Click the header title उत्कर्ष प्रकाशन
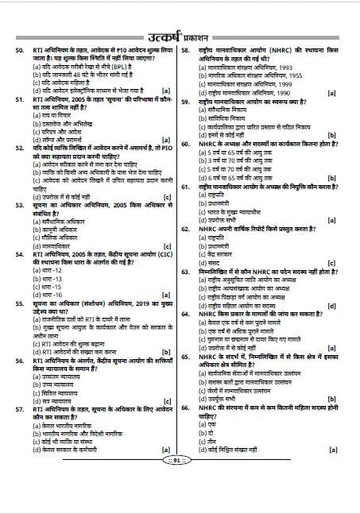point(180,34)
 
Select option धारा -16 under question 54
point(48,294)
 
